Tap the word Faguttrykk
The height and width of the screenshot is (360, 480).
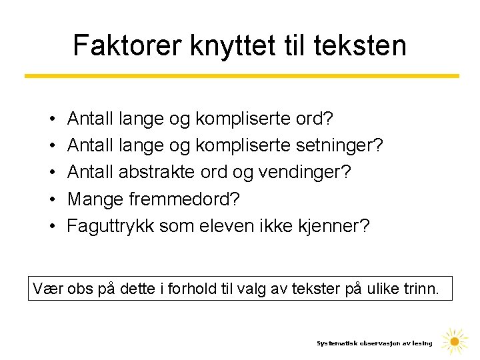(x=110, y=225)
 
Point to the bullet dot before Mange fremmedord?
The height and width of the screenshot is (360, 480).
(x=51, y=199)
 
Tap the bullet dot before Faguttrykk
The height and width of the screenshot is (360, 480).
(x=51, y=226)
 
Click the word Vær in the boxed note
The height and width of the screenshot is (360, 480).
(x=46, y=289)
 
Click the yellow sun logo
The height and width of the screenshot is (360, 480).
(x=455, y=342)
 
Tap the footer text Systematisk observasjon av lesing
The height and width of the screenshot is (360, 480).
(x=374, y=343)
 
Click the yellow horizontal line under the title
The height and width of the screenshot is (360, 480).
(x=241, y=76)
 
